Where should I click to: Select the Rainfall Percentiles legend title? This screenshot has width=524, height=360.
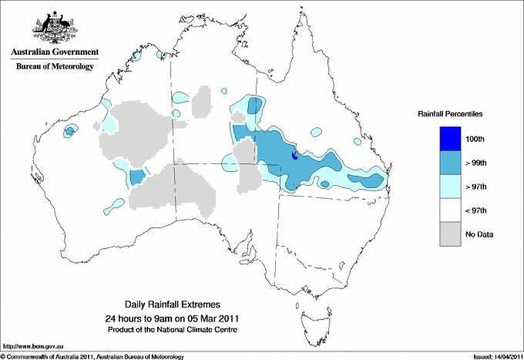click(450, 114)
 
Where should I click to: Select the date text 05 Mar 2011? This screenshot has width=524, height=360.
click(213, 318)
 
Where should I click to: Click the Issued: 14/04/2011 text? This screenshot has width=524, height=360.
click(494, 355)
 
